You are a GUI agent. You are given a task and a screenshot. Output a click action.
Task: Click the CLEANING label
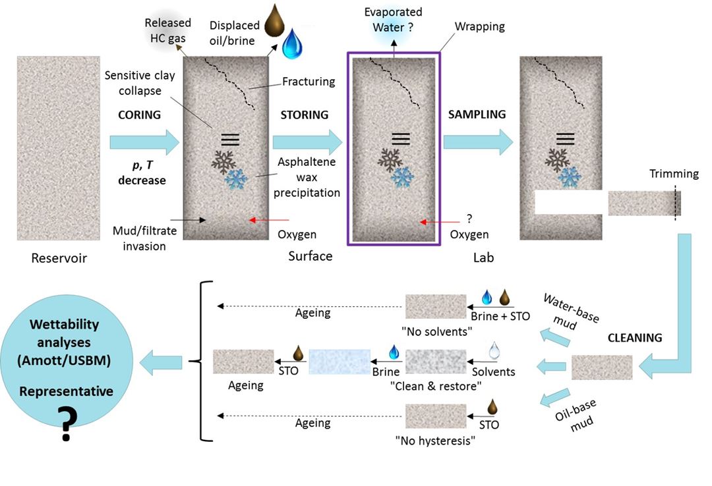pyautogui.click(x=635, y=338)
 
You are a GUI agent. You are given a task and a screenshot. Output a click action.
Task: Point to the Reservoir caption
pyautogui.click(x=59, y=258)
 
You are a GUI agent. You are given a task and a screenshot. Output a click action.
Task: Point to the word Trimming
pyautogui.click(x=674, y=174)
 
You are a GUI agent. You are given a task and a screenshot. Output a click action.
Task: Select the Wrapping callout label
pyautogui.click(x=479, y=27)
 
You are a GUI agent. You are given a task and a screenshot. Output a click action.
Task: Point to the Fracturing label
pyautogui.click(x=309, y=82)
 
